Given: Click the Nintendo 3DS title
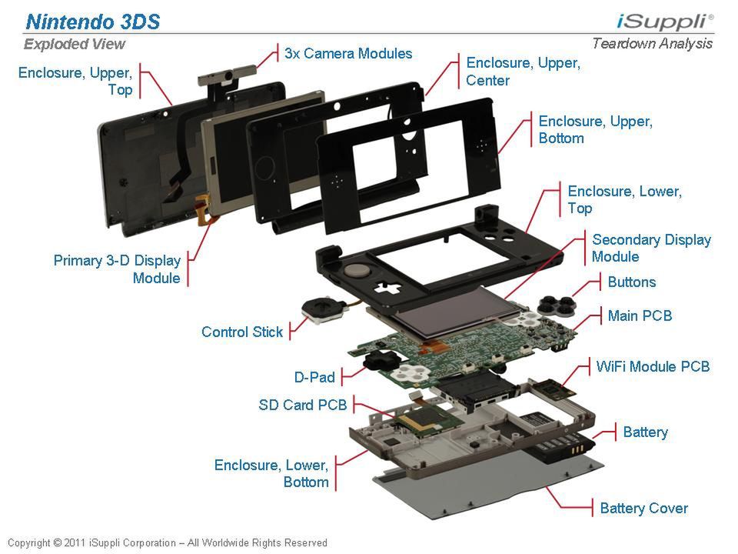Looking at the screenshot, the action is [93, 22].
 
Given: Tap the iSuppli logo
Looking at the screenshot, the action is [665, 22].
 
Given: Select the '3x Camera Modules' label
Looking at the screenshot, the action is [348, 53].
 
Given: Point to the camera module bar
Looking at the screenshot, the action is [227, 76].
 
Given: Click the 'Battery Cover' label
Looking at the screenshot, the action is [644, 508].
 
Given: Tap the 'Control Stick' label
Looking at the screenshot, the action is [242, 332].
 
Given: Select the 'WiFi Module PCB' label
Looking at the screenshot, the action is [653, 366].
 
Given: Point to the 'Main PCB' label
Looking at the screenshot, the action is [640, 315].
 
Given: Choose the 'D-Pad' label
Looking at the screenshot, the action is [314, 377].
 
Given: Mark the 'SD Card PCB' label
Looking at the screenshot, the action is [303, 404].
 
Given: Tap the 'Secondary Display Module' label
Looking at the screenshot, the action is [651, 248].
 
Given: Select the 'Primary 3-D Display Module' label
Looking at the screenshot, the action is [117, 269].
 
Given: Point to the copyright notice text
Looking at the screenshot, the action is [168, 542].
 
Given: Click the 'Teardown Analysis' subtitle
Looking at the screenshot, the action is [653, 43].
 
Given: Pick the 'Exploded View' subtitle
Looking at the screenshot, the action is [75, 44].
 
